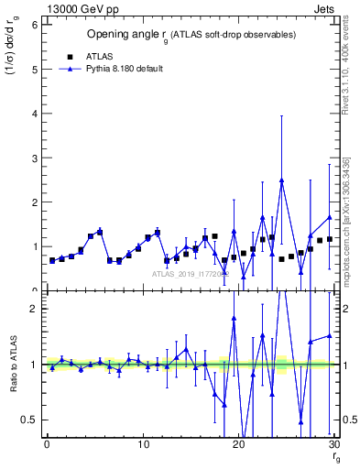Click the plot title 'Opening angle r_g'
click(x=191, y=35)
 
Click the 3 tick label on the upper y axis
click(x=34, y=158)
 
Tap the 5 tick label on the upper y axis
click(x=34, y=69)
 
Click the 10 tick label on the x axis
click(x=143, y=446)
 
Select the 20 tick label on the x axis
click(x=238, y=446)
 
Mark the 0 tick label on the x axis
click(x=47, y=446)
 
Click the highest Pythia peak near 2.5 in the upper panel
click(x=281, y=180)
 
